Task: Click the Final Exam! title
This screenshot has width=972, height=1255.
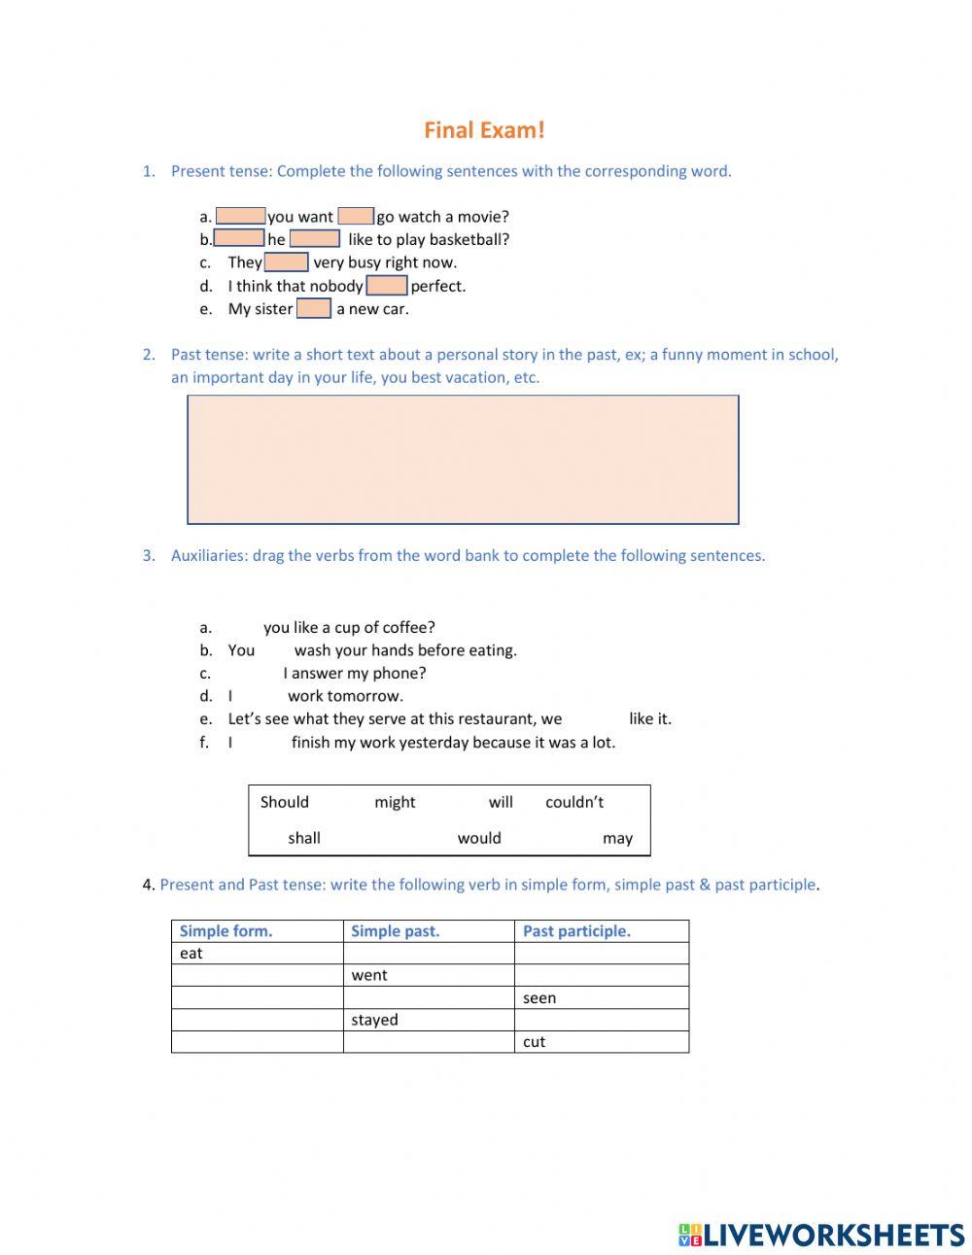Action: tap(484, 130)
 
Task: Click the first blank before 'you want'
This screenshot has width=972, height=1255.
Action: tap(240, 216)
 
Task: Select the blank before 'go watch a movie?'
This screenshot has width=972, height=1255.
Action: tap(356, 216)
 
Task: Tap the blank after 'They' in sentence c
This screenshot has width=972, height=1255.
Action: tap(286, 262)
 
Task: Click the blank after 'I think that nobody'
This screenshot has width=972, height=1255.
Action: tap(387, 286)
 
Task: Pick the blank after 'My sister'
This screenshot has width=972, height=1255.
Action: tap(314, 309)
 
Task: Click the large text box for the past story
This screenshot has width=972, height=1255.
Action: tap(463, 459)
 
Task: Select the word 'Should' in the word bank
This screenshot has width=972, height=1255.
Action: tap(285, 802)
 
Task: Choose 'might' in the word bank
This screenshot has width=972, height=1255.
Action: tap(395, 802)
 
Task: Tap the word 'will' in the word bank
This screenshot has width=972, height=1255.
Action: tap(501, 802)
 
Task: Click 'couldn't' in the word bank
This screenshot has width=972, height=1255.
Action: tap(574, 802)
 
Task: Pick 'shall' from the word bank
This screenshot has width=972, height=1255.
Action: tap(304, 838)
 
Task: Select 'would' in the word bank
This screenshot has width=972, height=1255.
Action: tap(479, 838)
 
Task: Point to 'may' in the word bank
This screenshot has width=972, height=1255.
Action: tap(617, 838)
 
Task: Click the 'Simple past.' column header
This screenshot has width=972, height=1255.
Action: tap(396, 931)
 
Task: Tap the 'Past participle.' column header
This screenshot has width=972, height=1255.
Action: tap(576, 931)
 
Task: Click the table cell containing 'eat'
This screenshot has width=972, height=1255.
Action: tap(257, 954)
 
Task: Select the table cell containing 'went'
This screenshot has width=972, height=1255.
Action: tap(428, 975)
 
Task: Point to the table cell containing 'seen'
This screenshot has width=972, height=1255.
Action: tap(601, 997)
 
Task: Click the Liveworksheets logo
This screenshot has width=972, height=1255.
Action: tap(821, 1235)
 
